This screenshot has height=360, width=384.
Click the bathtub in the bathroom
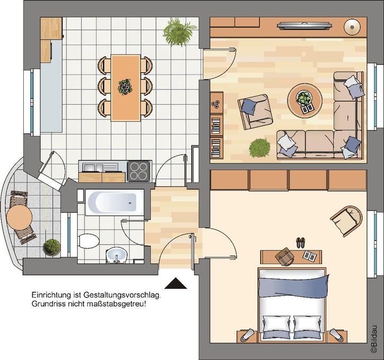point(114,202)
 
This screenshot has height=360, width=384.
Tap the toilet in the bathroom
point(88,240)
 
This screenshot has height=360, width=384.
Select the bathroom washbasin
point(117,255)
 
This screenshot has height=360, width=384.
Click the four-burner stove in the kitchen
point(139,171)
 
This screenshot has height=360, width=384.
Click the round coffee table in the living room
point(305,101)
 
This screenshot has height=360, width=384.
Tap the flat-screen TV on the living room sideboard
point(305,25)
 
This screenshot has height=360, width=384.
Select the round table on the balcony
point(19,218)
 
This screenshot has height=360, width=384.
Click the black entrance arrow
point(176,283)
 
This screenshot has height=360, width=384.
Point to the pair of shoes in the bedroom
point(300,242)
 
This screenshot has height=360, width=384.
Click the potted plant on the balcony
point(52,247)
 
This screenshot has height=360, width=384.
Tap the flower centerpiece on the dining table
point(125,87)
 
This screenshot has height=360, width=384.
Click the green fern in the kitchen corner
point(179,31)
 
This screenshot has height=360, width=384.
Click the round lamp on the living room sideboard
point(352,27)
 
